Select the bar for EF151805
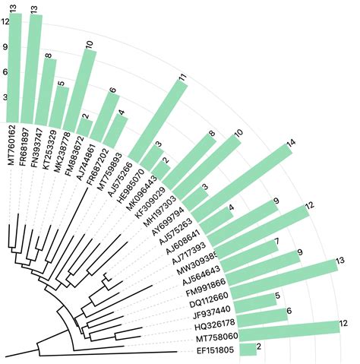tap(248, 350)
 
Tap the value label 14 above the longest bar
tap(290, 144)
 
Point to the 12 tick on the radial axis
tap(6, 21)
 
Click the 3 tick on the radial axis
tap(6, 97)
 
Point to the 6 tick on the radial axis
tap(6, 72)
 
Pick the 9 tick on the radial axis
tap(6, 46)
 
